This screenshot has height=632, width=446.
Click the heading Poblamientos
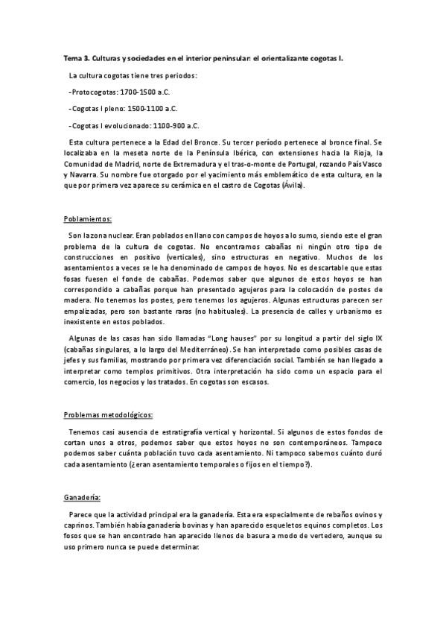pyautogui.click(x=88, y=219)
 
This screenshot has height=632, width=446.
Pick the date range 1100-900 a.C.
pyautogui.click(x=172, y=126)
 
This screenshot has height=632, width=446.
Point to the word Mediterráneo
pyautogui.click(x=229, y=348)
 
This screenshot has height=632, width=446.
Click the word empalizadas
pyautogui.click(x=88, y=310)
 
